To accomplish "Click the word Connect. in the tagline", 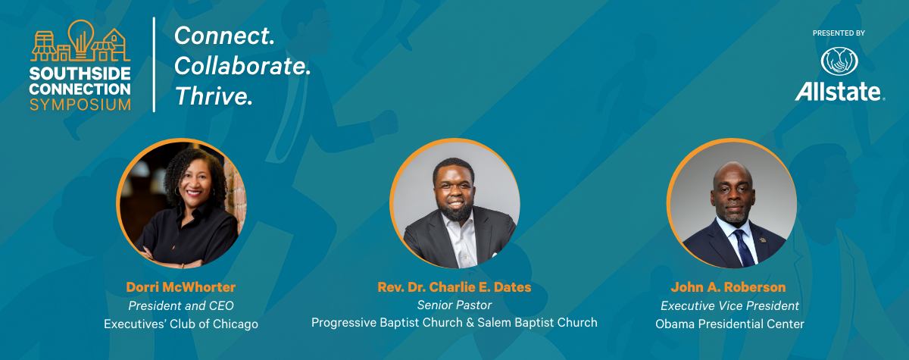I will pyautogui.click(x=224, y=35).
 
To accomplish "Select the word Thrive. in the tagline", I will pyautogui.click(x=213, y=95).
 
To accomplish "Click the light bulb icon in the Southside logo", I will pyautogui.click(x=80, y=36).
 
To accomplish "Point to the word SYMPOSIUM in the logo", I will pyautogui.click(x=80, y=105).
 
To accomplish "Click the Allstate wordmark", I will pyautogui.click(x=839, y=92).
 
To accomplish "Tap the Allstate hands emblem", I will pyautogui.click(x=838, y=61).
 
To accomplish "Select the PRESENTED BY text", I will pyautogui.click(x=839, y=33).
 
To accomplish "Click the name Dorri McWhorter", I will pyautogui.click(x=180, y=288).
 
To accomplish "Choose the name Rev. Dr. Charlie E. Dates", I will pyautogui.click(x=454, y=288).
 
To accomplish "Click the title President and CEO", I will pyautogui.click(x=180, y=306).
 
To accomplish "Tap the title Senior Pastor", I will pyautogui.click(x=454, y=305).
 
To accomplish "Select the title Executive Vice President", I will pyautogui.click(x=729, y=306).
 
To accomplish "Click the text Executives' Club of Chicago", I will pyautogui.click(x=180, y=324).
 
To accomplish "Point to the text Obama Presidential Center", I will pyautogui.click(x=729, y=324).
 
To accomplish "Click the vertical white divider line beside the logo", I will pyautogui.click(x=155, y=64).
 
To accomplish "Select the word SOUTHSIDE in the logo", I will pyautogui.click(x=80, y=74).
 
